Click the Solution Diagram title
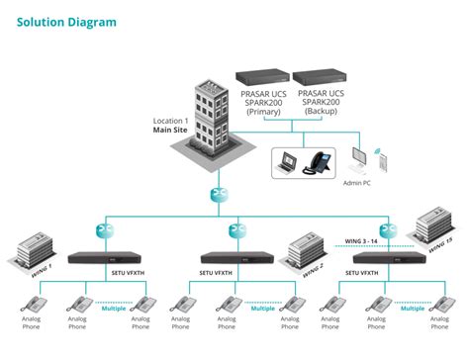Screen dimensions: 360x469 [x=66, y=22]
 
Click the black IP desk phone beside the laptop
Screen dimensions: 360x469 [x=323, y=160]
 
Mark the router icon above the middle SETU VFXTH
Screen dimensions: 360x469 [x=235, y=230]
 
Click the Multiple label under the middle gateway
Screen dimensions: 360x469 [x=262, y=309]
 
